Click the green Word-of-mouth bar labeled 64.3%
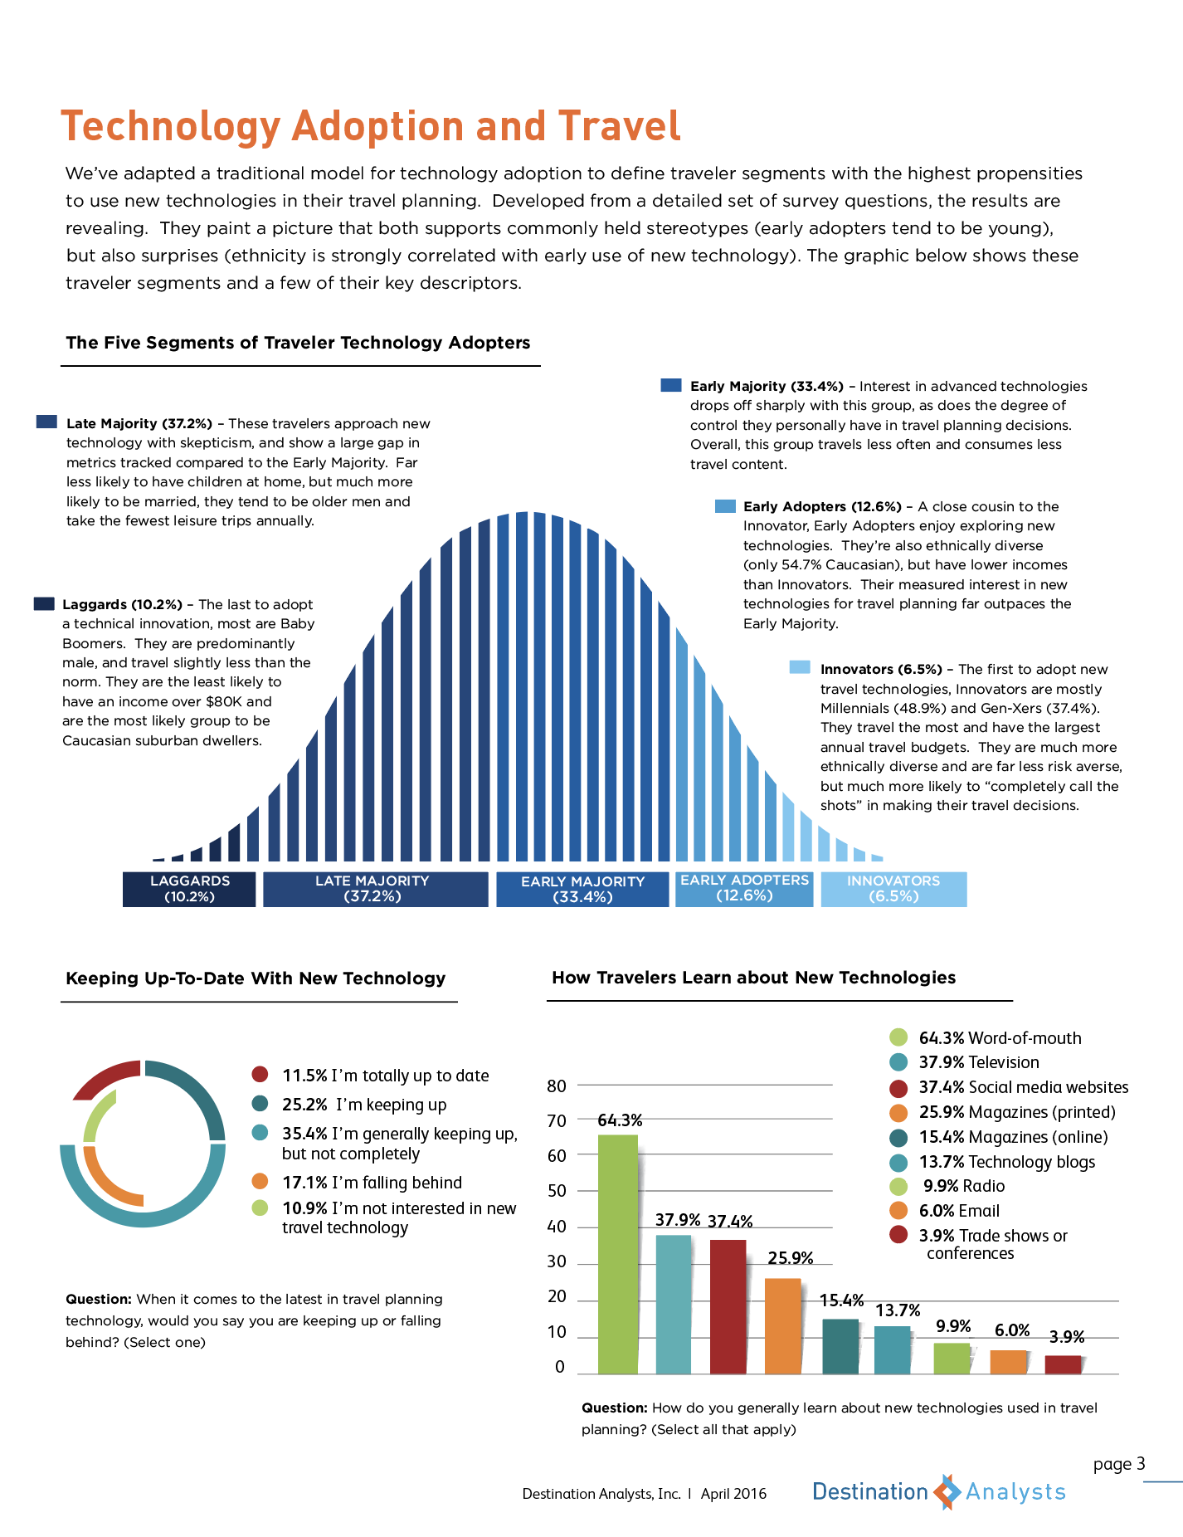(618, 1254)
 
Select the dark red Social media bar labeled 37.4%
(728, 1306)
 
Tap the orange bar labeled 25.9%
(783, 1326)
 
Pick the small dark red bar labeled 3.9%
(1064, 1364)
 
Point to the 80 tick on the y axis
(557, 1086)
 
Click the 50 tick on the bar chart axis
(557, 1191)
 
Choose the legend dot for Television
(898, 1062)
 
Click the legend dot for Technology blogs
(898, 1162)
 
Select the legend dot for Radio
(898, 1186)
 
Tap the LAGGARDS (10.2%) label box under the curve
(189, 889)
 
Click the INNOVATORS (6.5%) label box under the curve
(893, 889)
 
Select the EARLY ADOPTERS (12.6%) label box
(744, 889)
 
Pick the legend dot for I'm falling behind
(260, 1182)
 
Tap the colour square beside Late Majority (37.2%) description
(46, 422)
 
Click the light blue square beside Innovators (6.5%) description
(800, 667)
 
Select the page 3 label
(1119, 1464)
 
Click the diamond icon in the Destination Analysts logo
(947, 1492)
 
